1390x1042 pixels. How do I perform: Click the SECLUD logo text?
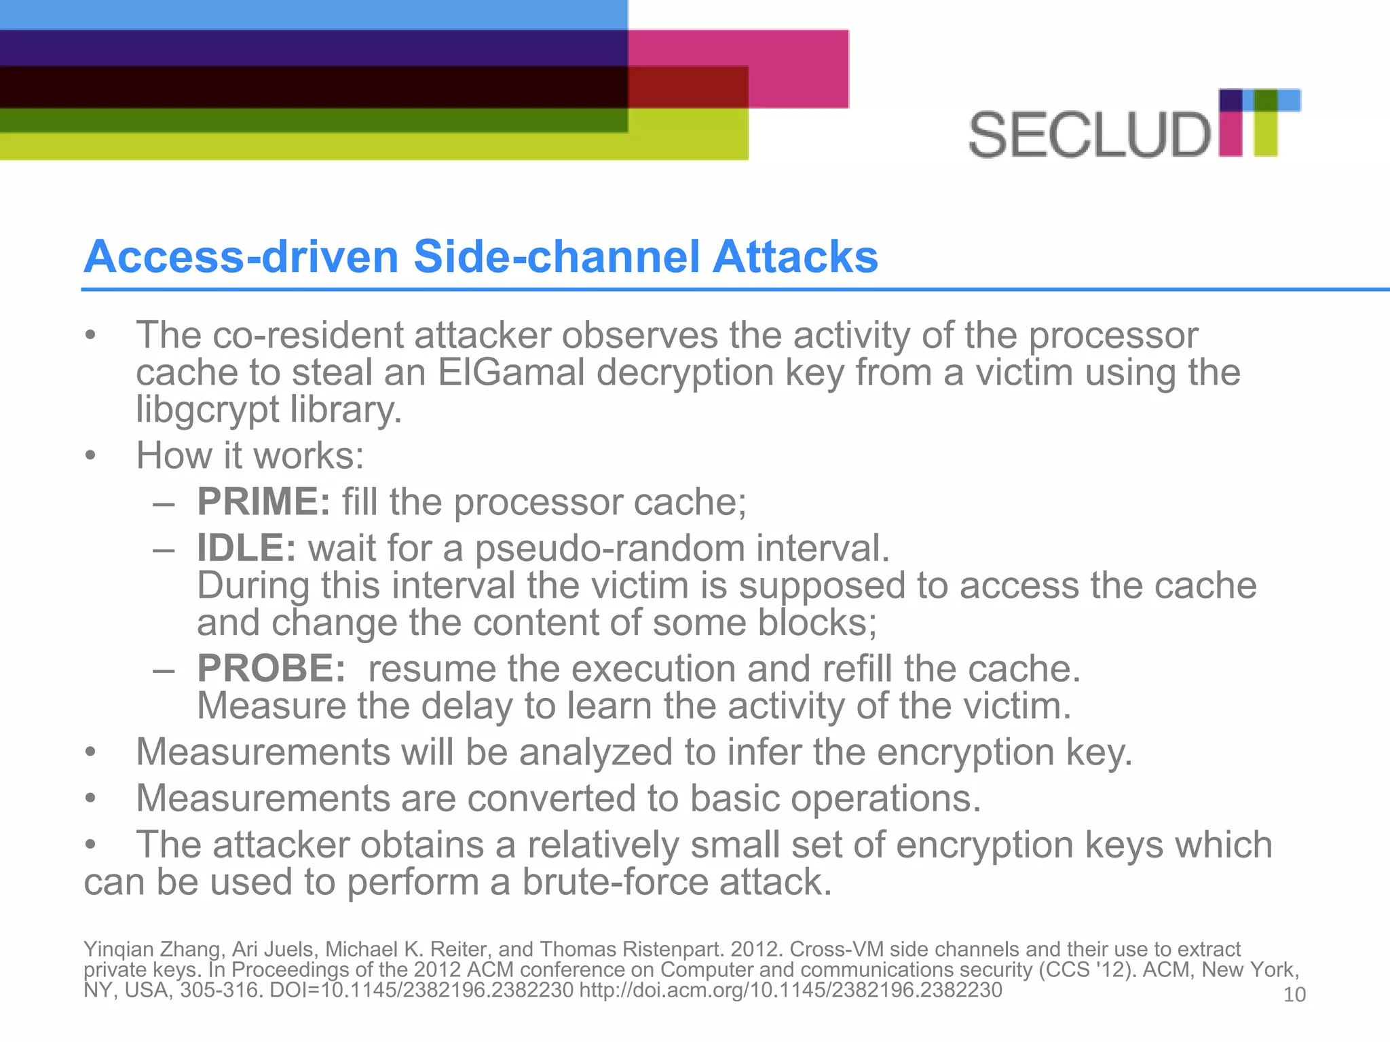coord(1089,135)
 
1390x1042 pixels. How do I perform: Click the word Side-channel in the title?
coord(556,256)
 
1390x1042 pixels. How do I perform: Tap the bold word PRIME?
coord(263,502)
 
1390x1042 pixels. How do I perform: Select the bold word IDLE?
coord(246,548)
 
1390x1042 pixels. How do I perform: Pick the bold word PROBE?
coord(271,669)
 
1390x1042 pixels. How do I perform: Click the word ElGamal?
coord(511,372)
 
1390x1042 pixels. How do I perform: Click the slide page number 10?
coord(1294,995)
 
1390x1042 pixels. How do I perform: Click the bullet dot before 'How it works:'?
coord(90,456)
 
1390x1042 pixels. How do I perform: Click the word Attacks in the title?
coord(795,256)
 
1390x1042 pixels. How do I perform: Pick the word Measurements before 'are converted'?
coord(263,798)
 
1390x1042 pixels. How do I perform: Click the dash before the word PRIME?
coord(164,503)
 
